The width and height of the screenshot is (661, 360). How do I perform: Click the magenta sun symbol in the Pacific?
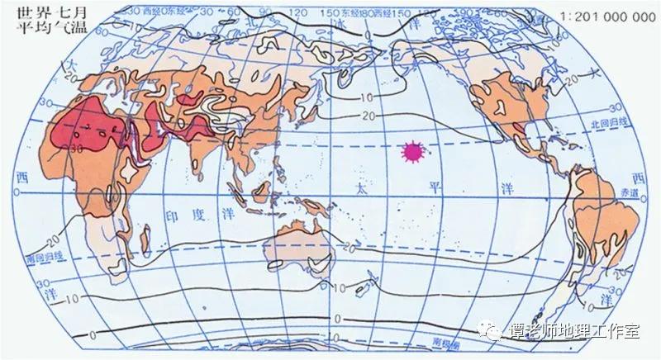click(411, 151)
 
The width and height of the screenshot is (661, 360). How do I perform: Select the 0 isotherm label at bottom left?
click(22, 334)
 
